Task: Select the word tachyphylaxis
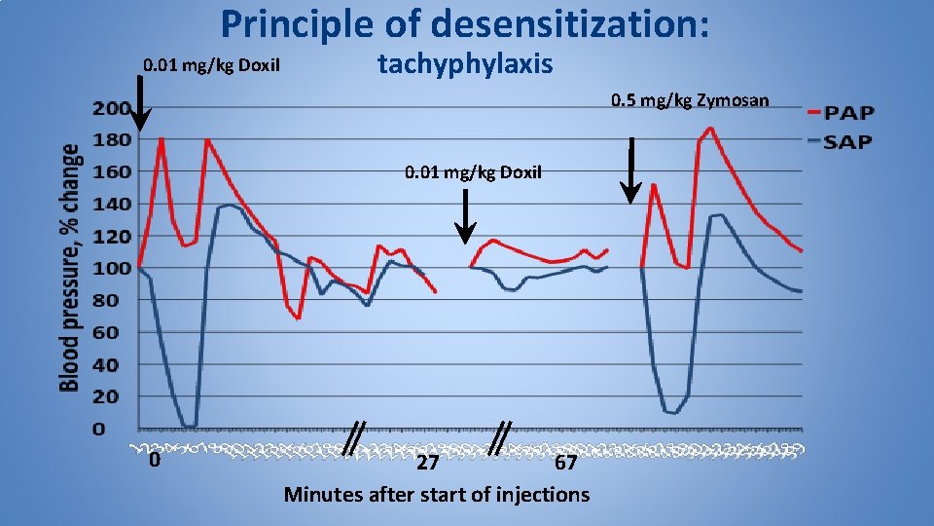pyautogui.click(x=465, y=65)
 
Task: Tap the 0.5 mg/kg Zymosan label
pyautogui.click(x=690, y=100)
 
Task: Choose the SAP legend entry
pyautogui.click(x=847, y=142)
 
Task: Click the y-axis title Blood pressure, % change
pyautogui.click(x=71, y=268)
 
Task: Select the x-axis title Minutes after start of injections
pyautogui.click(x=436, y=495)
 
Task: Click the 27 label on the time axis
pyautogui.click(x=427, y=463)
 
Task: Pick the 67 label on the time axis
pyautogui.click(x=565, y=463)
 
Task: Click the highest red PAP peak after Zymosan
pyautogui.click(x=710, y=128)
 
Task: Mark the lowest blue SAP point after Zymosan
pyautogui.click(x=673, y=412)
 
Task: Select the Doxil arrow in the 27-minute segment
pyautogui.click(x=466, y=216)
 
